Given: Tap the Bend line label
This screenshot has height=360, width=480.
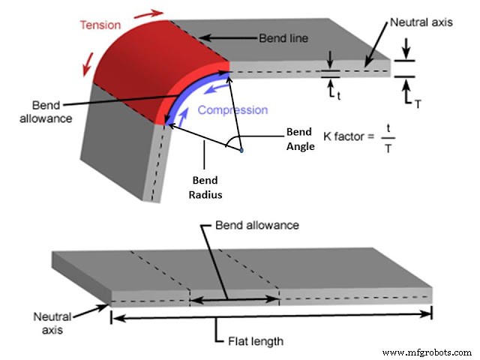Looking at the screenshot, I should pos(284,37).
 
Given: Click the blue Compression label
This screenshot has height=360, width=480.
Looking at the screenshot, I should pos(232,110).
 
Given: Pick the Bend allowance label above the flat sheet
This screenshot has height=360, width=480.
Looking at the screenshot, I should pos(256,225).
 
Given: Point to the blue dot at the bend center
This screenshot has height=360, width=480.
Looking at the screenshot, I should pos(241,151).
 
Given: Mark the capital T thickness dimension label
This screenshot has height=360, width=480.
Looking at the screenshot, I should pos(417,104).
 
